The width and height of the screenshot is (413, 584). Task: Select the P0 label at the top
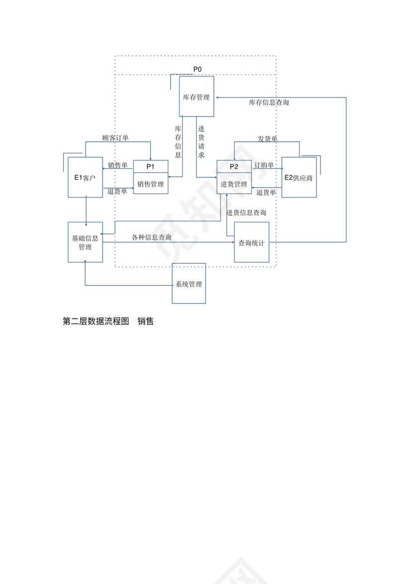[198, 69]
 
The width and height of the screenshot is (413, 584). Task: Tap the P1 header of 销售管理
[150, 166]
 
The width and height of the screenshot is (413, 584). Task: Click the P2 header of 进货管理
[234, 166]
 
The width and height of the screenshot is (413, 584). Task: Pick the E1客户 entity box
[85, 177]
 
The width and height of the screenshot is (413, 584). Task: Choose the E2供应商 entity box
[299, 178]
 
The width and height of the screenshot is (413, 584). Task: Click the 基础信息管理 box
[85, 242]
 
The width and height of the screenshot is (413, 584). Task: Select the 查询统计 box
[251, 243]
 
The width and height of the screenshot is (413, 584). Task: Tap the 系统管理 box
[189, 284]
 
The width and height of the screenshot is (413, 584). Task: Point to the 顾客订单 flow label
[115, 137]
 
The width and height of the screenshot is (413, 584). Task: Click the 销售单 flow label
[117, 165]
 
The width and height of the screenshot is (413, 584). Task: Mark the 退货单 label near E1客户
[117, 191]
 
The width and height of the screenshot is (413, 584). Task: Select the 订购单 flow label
[264, 165]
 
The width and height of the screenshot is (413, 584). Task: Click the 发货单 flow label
[268, 138]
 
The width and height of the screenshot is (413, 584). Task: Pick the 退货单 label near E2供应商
[266, 192]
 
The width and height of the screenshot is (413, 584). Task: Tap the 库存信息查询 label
[269, 102]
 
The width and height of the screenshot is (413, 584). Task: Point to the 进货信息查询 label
[246, 212]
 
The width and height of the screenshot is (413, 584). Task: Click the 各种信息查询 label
[152, 237]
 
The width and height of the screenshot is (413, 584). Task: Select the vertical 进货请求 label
[201, 142]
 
